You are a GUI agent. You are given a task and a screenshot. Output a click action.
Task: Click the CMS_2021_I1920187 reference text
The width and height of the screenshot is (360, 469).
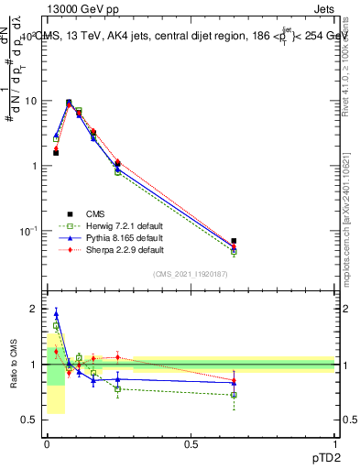click(191, 274)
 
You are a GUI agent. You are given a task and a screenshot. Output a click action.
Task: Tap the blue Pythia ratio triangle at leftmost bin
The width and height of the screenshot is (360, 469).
click(56, 313)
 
